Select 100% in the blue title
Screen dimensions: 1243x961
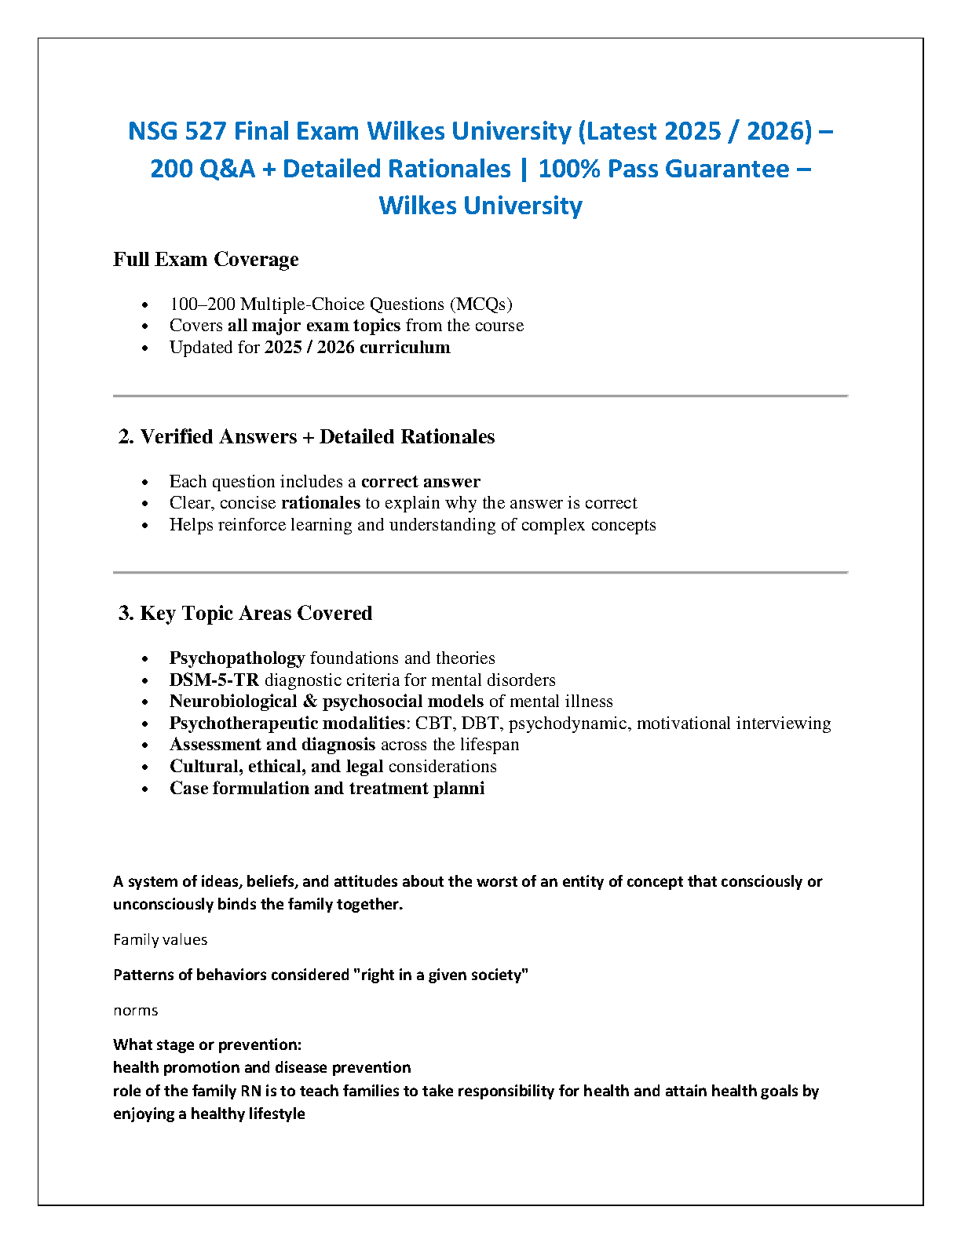coord(568,169)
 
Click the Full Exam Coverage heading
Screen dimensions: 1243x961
coord(206,260)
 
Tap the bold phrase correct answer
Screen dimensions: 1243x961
coord(420,482)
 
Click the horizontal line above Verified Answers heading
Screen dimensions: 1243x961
coord(480,396)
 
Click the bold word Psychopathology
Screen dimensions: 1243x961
coord(237,658)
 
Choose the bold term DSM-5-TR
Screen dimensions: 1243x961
coord(214,680)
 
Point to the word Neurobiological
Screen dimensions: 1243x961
coord(233,702)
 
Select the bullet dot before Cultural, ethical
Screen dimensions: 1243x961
coord(145,767)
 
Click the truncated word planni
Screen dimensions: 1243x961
coord(459,789)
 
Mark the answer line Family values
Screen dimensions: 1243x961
coord(160,940)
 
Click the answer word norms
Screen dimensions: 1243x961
coord(136,1011)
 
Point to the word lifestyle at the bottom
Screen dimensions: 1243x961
coord(272,1114)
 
